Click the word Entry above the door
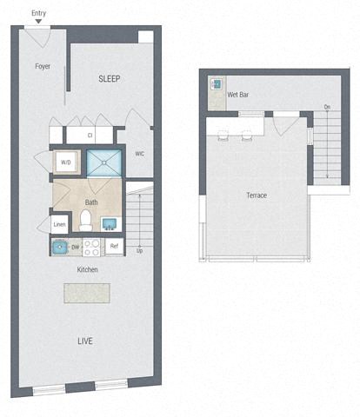[38, 14]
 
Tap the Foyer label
[42, 66]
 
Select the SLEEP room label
[109, 79]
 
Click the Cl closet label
[90, 136]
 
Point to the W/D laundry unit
[66, 162]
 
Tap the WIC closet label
[139, 155]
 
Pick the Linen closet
[59, 224]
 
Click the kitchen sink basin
[60, 247]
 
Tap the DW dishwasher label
[76, 247]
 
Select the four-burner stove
[93, 247]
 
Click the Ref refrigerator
[114, 247]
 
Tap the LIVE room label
[84, 341]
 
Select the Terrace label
[257, 195]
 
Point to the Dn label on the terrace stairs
[327, 108]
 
